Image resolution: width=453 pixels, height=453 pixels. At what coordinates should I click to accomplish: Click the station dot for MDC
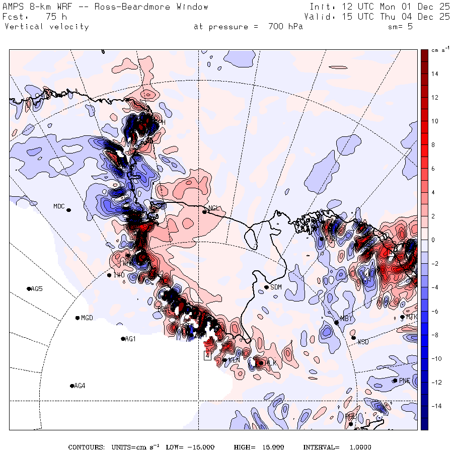[68, 210]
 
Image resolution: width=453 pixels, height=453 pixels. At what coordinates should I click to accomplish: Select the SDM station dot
[266, 287]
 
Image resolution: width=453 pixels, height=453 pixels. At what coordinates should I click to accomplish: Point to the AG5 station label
[37, 289]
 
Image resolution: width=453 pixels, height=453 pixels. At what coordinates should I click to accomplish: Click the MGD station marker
[78, 318]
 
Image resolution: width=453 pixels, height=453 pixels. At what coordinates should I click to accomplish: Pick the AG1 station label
[130, 339]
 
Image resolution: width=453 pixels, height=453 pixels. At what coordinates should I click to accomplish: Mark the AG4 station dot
[72, 386]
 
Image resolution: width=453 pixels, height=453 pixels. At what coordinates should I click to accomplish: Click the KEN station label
[234, 360]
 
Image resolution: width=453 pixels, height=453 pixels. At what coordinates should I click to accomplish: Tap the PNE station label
[405, 381]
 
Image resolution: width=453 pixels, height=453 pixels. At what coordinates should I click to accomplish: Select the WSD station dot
[354, 338]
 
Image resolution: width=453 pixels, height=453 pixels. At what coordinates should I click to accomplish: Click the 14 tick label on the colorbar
[434, 74]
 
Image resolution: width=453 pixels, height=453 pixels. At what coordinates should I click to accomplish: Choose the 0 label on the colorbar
[433, 240]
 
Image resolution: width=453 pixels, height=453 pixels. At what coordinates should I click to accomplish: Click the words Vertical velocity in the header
[46, 27]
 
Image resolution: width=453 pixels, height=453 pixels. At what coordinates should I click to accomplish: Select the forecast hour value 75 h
[50, 17]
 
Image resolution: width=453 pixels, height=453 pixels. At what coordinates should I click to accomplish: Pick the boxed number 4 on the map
[207, 355]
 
